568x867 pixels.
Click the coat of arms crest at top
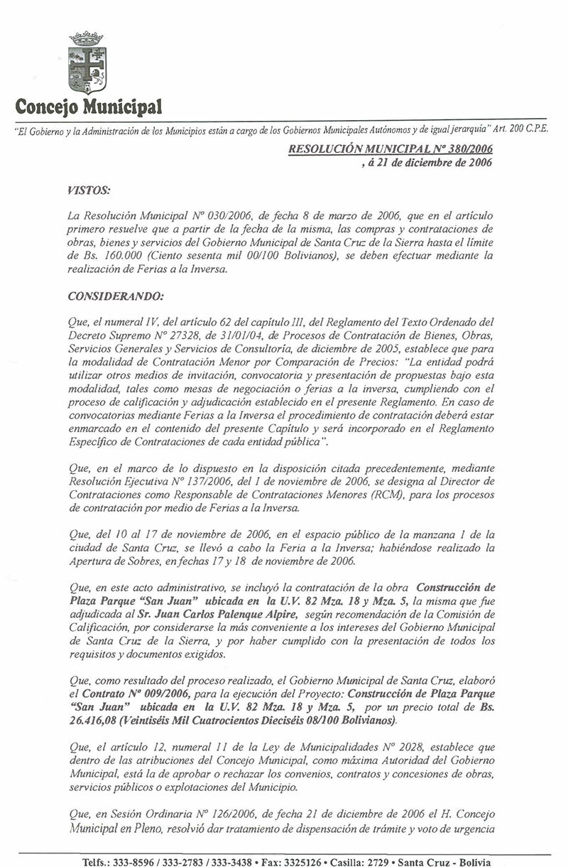[86, 63]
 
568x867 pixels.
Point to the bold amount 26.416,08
[93, 721]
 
